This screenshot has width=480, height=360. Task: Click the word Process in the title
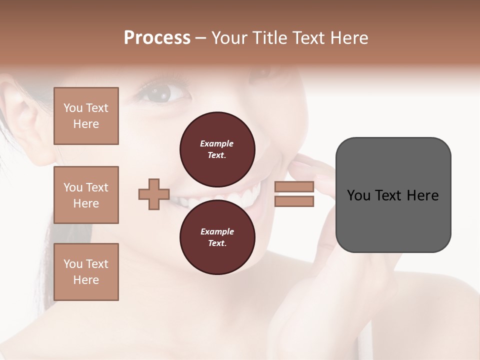pyautogui.click(x=157, y=38)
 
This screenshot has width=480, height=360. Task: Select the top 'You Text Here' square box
pyautogui.click(x=86, y=116)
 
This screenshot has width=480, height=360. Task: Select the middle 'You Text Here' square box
pyautogui.click(x=86, y=195)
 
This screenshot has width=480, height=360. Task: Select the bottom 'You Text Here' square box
pyautogui.click(x=86, y=272)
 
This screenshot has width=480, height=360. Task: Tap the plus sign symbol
pyautogui.click(x=154, y=194)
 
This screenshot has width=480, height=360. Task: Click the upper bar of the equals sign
pyautogui.click(x=294, y=186)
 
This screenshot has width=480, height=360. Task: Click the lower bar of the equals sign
pyautogui.click(x=294, y=201)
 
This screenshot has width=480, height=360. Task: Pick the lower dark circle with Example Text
pyautogui.click(x=217, y=237)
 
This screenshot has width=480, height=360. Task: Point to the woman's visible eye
pyautogui.click(x=161, y=92)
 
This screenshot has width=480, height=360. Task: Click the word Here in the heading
pyautogui.click(x=348, y=38)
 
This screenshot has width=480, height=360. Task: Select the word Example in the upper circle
pyautogui.click(x=217, y=144)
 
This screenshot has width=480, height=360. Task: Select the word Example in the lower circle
pyautogui.click(x=217, y=232)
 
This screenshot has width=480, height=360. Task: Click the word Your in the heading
pyautogui.click(x=229, y=38)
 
